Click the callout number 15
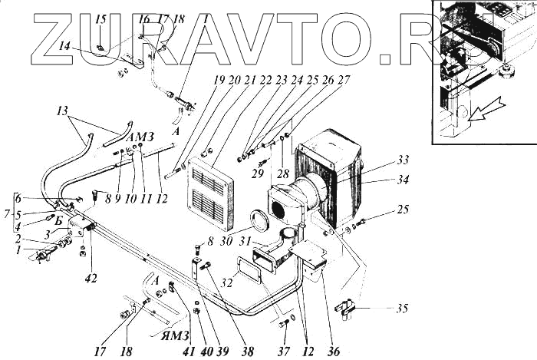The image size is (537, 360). click(x=100, y=18)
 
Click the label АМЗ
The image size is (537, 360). click(x=142, y=137)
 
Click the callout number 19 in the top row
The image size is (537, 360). click(x=219, y=79)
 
